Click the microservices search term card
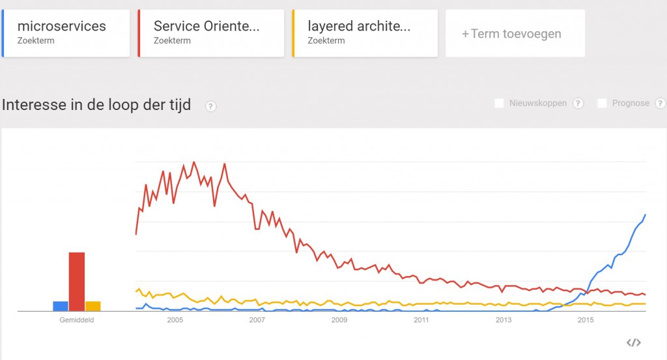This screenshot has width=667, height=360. coord(66,33)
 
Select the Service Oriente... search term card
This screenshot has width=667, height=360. coord(211,33)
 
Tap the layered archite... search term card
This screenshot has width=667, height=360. coord(365,33)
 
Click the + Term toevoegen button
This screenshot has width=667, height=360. coord(515,33)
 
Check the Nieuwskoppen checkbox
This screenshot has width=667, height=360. coord(499,104)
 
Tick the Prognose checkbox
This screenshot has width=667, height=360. coord(602,104)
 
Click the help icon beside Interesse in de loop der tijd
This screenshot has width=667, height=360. coord(210,106)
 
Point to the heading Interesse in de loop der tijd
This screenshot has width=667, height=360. coord(96,105)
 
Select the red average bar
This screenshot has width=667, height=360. coord(77,282)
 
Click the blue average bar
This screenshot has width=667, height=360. coord(61,306)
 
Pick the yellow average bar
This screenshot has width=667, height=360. coord(92,306)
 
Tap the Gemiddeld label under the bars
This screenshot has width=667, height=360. coord(77,320)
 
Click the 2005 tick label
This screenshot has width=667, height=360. coord(175,320)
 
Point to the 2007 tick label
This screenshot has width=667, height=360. coord(257,320)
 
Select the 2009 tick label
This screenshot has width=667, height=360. coord(339,320)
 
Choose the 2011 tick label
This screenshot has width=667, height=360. coord(421,320)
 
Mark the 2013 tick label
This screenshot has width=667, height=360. coord(504,320)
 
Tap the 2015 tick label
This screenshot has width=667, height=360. coord(586,320)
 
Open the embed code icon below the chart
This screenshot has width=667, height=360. coord(633,342)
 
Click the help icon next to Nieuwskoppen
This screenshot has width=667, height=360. coord(578,104)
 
